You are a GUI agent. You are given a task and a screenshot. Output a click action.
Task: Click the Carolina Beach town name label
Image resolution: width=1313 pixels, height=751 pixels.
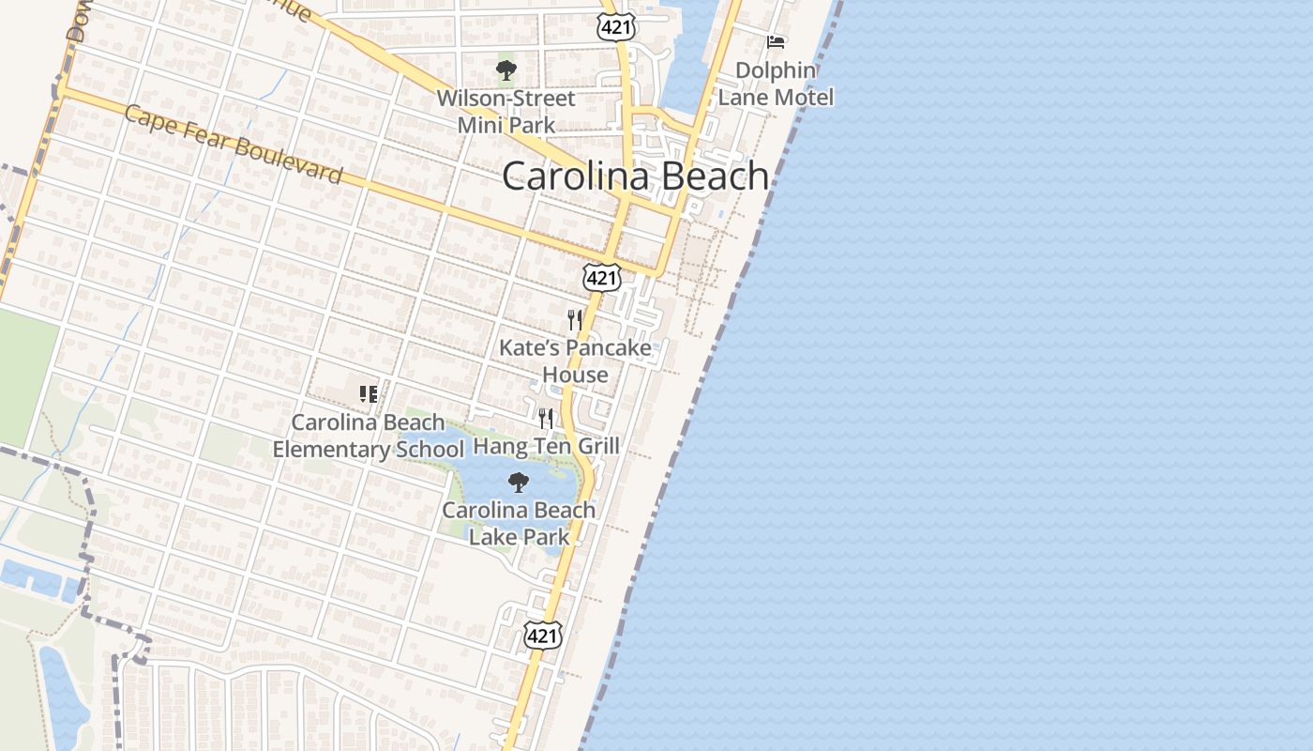click(635, 176)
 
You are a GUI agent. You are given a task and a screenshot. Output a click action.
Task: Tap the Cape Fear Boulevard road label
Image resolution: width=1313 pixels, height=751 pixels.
click(233, 145)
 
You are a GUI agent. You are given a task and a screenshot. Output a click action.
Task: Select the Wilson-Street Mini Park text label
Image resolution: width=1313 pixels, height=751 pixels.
click(506, 111)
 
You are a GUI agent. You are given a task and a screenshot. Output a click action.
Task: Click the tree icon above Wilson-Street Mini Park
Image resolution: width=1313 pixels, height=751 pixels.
click(506, 70)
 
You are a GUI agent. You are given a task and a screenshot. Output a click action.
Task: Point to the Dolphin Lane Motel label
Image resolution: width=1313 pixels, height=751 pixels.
click(776, 84)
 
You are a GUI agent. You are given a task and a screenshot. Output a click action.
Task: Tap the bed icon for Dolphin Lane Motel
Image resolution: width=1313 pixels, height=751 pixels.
click(776, 42)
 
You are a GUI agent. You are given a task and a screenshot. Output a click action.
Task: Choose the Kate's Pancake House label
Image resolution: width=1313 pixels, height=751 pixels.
click(575, 360)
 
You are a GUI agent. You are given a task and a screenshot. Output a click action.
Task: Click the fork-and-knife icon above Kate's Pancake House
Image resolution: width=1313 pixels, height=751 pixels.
click(575, 320)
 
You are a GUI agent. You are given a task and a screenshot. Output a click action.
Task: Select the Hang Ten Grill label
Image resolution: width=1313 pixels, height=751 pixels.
click(546, 445)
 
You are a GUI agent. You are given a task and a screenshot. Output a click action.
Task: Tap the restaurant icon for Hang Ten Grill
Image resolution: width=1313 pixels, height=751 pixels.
click(546, 418)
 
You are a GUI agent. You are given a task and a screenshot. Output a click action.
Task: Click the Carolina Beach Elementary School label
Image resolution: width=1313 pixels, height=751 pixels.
click(368, 436)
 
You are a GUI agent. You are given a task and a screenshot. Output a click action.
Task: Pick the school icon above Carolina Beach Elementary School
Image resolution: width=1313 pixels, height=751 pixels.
click(368, 394)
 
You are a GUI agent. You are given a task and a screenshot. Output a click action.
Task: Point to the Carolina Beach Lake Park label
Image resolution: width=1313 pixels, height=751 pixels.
click(519, 523)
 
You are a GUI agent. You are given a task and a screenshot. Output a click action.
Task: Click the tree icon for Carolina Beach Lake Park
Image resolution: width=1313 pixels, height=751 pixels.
click(518, 483)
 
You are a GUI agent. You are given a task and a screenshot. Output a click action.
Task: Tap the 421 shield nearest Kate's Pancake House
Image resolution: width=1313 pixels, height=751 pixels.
click(600, 277)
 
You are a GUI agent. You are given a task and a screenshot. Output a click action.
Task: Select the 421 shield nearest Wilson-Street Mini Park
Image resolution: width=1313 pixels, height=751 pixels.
click(615, 27)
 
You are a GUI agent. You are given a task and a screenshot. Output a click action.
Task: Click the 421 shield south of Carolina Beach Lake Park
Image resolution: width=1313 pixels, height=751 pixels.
click(542, 636)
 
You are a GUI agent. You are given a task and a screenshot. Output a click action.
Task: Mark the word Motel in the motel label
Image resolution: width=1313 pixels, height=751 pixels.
click(801, 97)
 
